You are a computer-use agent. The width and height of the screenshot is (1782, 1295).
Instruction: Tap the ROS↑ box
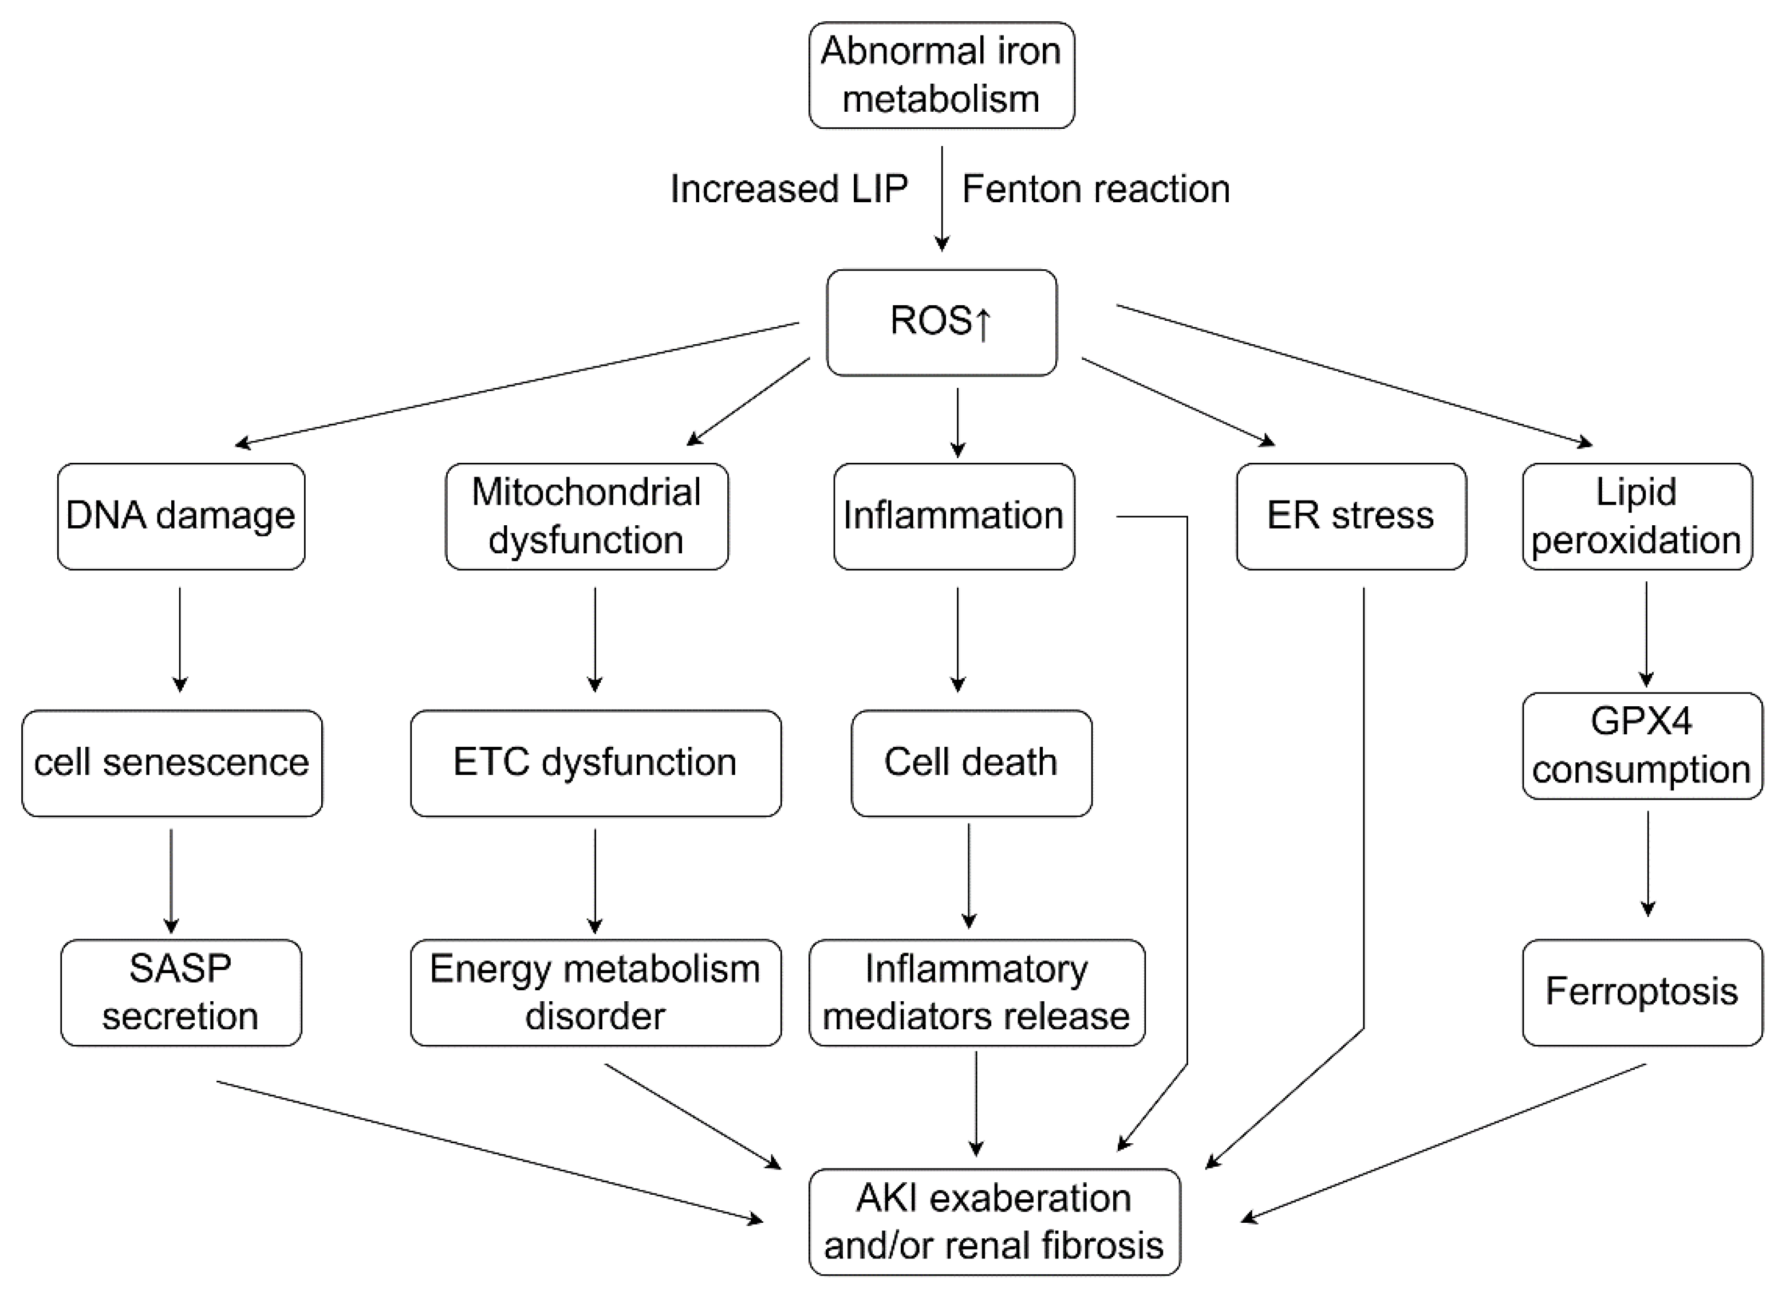pyautogui.click(x=941, y=322)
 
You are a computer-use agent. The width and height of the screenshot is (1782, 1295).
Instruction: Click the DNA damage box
pyautogui.click(x=181, y=516)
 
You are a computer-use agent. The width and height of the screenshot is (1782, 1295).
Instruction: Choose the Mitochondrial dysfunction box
pyautogui.click(x=586, y=516)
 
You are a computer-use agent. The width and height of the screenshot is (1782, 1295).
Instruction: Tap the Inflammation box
pyautogui.click(x=953, y=516)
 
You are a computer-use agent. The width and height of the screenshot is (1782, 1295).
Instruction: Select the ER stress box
pyautogui.click(x=1351, y=516)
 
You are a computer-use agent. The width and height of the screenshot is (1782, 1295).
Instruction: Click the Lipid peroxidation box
pyautogui.click(x=1637, y=516)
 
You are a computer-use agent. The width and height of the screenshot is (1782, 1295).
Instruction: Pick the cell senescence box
pyautogui.click(x=171, y=763)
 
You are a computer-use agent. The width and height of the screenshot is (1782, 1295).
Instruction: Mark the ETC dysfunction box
pyautogui.click(x=595, y=763)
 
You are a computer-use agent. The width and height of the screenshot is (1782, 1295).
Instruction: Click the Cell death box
pyautogui.click(x=971, y=763)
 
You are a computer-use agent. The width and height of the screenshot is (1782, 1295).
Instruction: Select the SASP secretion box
pyautogui.click(x=181, y=993)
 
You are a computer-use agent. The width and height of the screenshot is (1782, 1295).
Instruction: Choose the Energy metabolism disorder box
pyautogui.click(x=595, y=993)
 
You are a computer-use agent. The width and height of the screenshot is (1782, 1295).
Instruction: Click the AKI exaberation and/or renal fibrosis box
pyautogui.click(x=994, y=1222)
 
